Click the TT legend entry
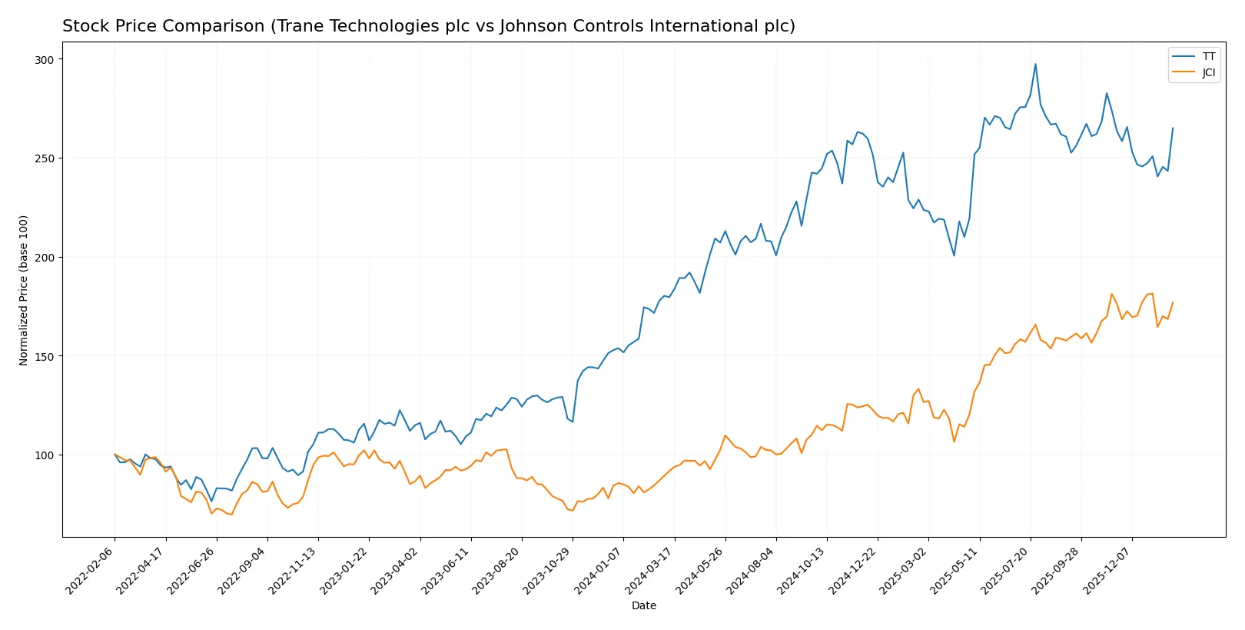pos(1208,57)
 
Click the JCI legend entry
pos(1208,73)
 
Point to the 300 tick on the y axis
pos(45,60)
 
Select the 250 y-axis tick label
pos(45,158)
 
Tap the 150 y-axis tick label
pos(45,357)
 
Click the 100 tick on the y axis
pos(45,455)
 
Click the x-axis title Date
pos(643,606)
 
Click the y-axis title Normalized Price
pos(24,290)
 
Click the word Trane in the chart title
pos(298,26)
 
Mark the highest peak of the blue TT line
pos(1035,64)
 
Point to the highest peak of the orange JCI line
pos(1152,293)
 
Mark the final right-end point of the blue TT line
pos(1173,128)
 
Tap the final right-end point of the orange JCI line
pos(1173,302)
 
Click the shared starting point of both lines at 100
pos(115,455)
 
